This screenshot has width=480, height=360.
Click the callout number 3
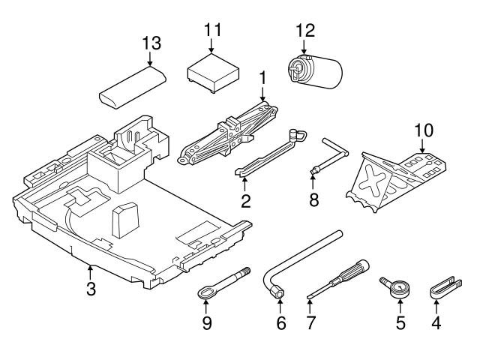[x=90, y=288]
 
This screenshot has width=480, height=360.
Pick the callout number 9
[x=206, y=323]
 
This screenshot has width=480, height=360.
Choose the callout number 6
[x=281, y=323]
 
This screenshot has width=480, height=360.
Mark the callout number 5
[x=400, y=323]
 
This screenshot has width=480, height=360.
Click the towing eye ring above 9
[x=208, y=291]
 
